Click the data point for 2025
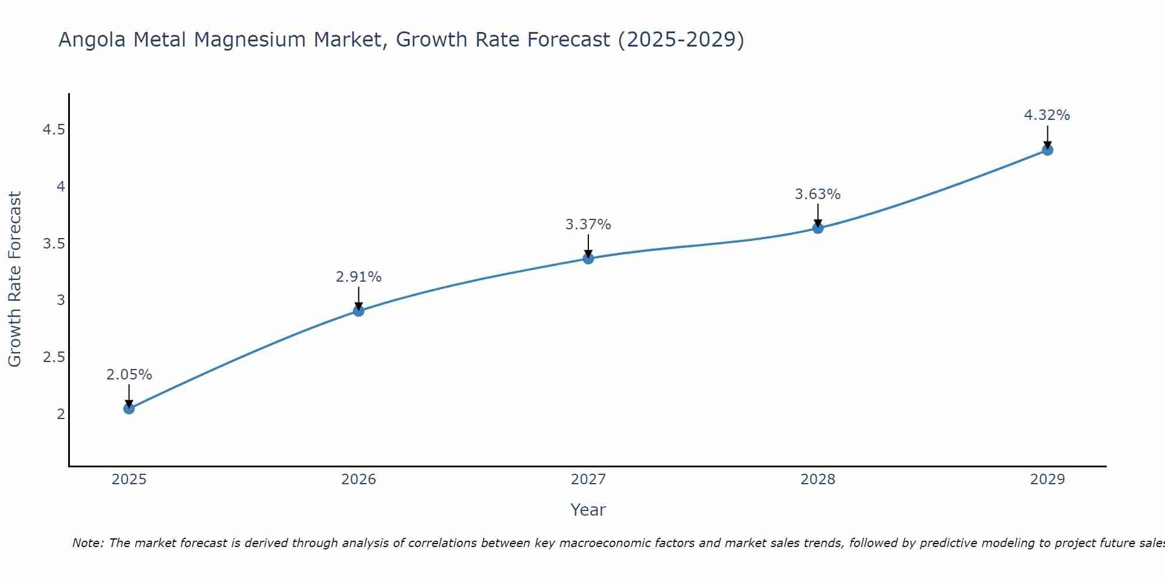[129, 409]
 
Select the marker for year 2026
[359, 311]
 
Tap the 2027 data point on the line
[588, 258]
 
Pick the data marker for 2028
[818, 228]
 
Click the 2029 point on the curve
[1047, 150]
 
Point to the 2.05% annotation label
[129, 375]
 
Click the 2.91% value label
[359, 277]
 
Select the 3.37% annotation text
[588, 225]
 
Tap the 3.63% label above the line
[818, 194]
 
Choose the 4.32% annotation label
[1047, 115]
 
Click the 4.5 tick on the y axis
[54, 130]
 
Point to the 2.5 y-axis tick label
[54, 357]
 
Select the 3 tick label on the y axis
[61, 300]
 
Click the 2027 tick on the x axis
[588, 480]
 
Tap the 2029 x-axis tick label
[1047, 480]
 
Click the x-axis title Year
[588, 510]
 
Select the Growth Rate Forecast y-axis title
[15, 279]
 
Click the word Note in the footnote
[87, 543]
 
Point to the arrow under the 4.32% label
[1047, 137]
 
